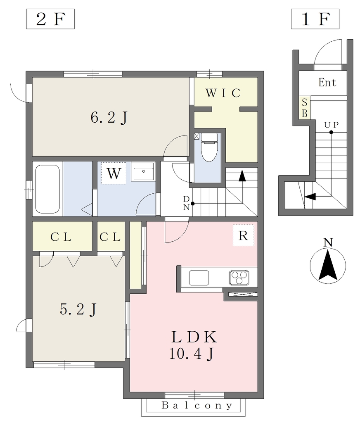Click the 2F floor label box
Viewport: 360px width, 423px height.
(50, 19)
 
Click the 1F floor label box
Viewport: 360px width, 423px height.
(315, 19)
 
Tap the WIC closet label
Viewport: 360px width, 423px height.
(223, 93)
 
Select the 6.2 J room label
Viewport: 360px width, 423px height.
(109, 118)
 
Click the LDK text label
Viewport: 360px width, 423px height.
(194, 337)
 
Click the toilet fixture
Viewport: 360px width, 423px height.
(209, 147)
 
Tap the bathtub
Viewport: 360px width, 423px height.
(47, 189)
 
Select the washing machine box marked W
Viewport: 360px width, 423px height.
(114, 173)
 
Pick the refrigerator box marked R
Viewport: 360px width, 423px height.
(244, 235)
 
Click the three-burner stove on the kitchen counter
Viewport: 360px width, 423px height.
(239, 278)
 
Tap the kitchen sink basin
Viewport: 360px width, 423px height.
(199, 278)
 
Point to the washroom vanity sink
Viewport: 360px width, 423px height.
(143, 171)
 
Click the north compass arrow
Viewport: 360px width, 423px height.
(328, 265)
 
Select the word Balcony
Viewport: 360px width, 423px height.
(197, 406)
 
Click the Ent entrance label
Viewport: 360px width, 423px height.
(327, 83)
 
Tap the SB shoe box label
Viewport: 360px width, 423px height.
(304, 108)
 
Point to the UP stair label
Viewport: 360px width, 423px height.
(331, 125)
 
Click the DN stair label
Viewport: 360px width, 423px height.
(186, 203)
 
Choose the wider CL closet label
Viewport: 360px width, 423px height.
(61, 237)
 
